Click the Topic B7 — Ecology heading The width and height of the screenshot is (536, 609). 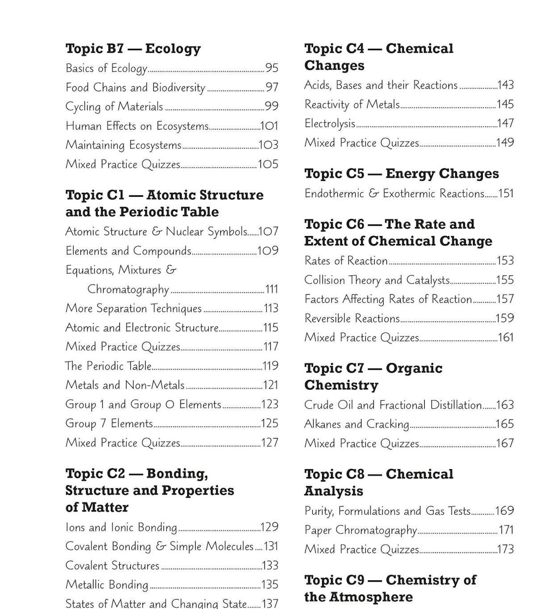pyautogui.click(x=133, y=48)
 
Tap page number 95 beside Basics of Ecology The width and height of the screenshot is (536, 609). pyautogui.click(x=272, y=68)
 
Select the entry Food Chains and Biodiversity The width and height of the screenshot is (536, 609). pyautogui.click(x=135, y=87)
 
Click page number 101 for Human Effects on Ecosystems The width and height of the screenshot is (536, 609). pyautogui.click(x=269, y=126)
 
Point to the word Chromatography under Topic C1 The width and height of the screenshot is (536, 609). pyautogui.click(x=128, y=289)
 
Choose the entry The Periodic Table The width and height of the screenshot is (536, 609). pyautogui.click(x=108, y=366)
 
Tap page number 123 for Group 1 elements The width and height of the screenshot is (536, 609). pyautogui.click(x=270, y=404)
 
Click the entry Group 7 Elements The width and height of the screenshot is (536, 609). pyautogui.click(x=109, y=423)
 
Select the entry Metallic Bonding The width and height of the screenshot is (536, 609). pyautogui.click(x=106, y=584)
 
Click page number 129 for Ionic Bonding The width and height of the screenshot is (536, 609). pyautogui.click(x=269, y=527)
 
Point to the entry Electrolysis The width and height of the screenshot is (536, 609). pyautogui.click(x=330, y=123)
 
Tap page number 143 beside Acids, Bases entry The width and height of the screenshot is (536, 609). pyautogui.click(x=506, y=85)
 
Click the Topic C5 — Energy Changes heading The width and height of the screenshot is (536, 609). pyautogui.click(x=401, y=173)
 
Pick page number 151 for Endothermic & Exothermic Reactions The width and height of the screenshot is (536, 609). pyautogui.click(x=506, y=194)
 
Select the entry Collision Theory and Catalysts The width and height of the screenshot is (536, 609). pyautogui.click(x=377, y=280)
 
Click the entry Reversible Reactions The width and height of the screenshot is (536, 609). pyautogui.click(x=352, y=318)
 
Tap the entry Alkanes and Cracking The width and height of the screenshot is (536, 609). pyautogui.click(x=356, y=424)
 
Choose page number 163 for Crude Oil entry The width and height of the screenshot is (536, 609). pyautogui.click(x=505, y=405)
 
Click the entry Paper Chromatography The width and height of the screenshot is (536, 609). pyautogui.click(x=360, y=530)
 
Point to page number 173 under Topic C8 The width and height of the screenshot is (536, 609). pyautogui.click(x=506, y=549)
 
